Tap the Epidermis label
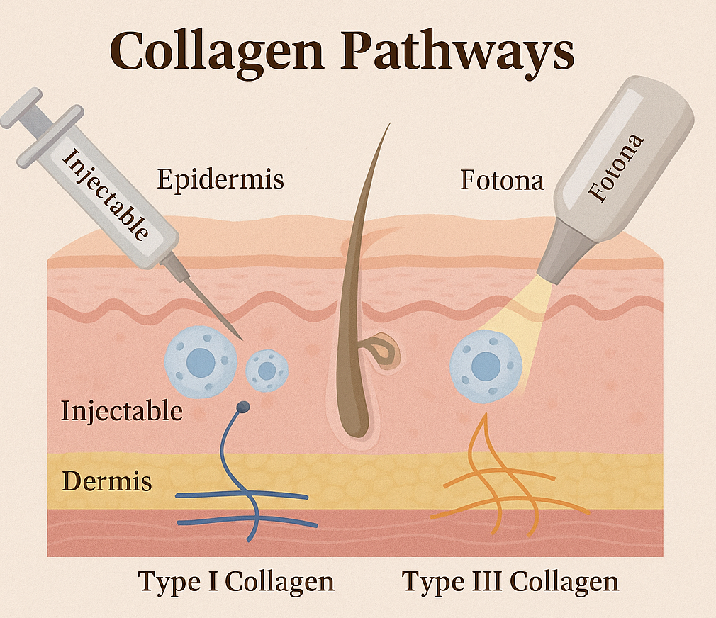pyautogui.click(x=220, y=179)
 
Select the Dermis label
pyautogui.click(x=107, y=481)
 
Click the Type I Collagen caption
pyautogui.click(x=236, y=582)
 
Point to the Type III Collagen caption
pyautogui.click(x=510, y=582)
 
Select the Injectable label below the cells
pyautogui.click(x=121, y=410)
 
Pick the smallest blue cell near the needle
pyautogui.click(x=267, y=371)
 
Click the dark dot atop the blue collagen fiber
pyautogui.click(x=242, y=407)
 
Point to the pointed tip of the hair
pyautogui.click(x=388, y=125)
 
